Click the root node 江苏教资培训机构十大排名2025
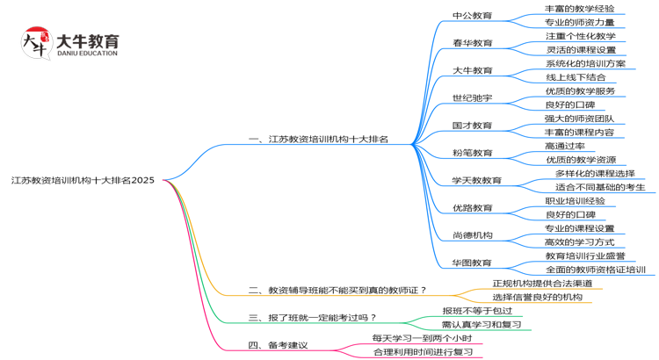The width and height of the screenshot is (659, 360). click(83, 180)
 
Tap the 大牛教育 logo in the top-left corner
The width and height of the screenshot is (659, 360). click(69, 44)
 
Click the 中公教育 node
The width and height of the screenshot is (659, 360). click(472, 16)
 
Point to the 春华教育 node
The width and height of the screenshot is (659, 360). click(472, 43)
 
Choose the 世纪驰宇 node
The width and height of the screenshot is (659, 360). click(472, 97)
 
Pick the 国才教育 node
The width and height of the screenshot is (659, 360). click(472, 126)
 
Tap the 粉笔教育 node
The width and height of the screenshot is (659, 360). click(472, 153)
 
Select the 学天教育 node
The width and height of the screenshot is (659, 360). click(476, 181)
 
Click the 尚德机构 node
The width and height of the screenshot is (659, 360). click(472, 235)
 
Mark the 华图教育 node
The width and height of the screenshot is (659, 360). click(472, 263)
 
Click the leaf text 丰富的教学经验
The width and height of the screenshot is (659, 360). click(579, 9)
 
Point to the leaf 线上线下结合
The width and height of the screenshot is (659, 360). click(575, 77)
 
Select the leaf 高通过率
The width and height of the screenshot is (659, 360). click(564, 146)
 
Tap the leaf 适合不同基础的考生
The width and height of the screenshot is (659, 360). click(600, 187)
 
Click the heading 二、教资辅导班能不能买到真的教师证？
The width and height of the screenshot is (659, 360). click(337, 290)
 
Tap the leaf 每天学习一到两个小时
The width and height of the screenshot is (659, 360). click(422, 338)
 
